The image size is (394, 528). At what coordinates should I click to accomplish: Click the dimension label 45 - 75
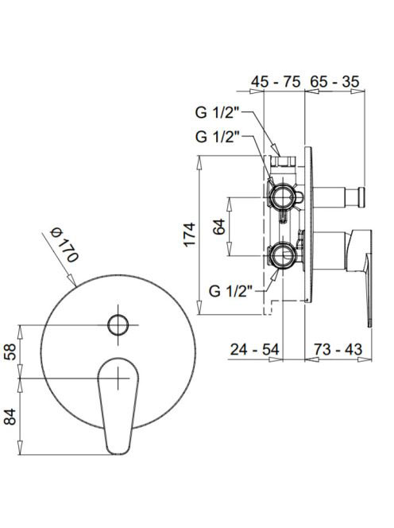[276, 82]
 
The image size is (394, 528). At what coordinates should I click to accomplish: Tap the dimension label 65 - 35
[334, 82]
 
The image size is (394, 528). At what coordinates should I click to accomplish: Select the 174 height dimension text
[189, 235]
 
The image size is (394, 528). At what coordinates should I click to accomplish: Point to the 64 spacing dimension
[218, 227]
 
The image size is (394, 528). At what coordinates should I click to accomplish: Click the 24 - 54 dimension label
[254, 350]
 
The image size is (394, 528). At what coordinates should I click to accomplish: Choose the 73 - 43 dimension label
[338, 349]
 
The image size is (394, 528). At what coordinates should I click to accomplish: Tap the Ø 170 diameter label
[64, 244]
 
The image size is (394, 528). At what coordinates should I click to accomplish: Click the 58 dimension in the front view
[10, 351]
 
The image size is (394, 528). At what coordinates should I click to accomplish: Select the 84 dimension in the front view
[10, 417]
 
